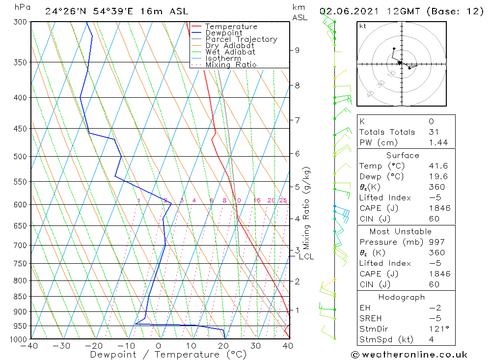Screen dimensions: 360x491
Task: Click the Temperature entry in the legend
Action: [x=231, y=27]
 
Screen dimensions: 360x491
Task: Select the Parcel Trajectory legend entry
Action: [x=241, y=39]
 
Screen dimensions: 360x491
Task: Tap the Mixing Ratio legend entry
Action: [x=231, y=65]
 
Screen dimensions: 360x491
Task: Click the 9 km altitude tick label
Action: [x=297, y=50]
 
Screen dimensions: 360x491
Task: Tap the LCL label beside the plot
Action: [x=306, y=256]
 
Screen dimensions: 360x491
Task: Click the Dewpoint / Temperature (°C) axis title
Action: [x=168, y=354]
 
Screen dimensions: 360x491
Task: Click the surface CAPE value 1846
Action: [x=438, y=208]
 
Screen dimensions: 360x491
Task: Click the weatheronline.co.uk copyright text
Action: [x=409, y=354]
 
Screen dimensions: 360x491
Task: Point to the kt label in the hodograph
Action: [x=362, y=26]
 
